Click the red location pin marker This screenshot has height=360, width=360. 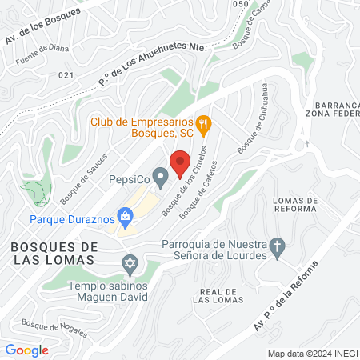(x=180, y=162)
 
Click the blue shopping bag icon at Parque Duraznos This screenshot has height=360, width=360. (x=126, y=216)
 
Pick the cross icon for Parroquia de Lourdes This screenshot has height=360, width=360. (x=278, y=246)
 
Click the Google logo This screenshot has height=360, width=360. (x=26, y=350)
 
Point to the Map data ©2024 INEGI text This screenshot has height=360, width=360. (x=311, y=354)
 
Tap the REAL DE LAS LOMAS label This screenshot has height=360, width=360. (x=218, y=296)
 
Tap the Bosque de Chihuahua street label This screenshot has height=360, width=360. (x=253, y=130)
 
